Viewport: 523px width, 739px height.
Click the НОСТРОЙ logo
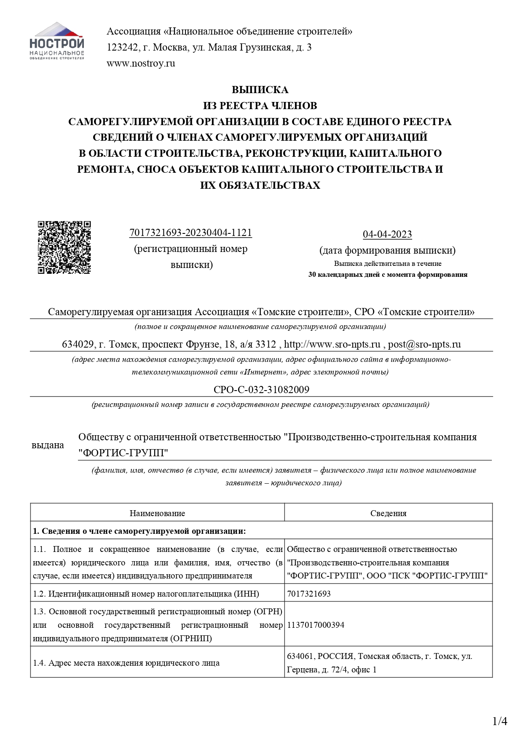coord(57,41)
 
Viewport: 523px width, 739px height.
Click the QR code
coord(64,247)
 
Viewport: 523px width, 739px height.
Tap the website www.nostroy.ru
coord(141,64)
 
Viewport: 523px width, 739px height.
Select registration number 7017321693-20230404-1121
coord(190,233)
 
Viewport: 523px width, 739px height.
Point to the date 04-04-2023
coord(387,234)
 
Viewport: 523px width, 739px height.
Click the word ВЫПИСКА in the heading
coord(260,90)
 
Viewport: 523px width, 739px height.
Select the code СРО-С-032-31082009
coord(261,390)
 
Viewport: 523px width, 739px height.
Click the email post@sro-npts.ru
coord(424,345)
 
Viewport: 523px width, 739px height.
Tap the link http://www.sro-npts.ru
coord(332,345)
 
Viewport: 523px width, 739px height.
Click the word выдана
coord(48,445)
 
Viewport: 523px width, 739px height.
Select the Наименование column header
coord(157,513)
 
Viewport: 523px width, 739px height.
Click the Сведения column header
coord(388,513)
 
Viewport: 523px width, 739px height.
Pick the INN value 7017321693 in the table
coord(309,594)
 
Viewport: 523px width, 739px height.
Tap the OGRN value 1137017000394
coord(316,625)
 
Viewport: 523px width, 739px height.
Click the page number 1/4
coord(500,722)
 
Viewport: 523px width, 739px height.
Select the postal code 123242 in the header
coord(123,48)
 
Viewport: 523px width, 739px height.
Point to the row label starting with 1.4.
coord(126,663)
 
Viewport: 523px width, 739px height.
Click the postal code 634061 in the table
coord(300,656)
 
